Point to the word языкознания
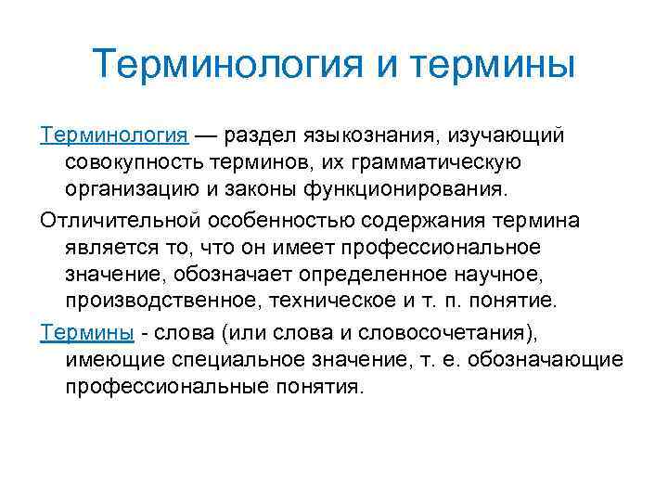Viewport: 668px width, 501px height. click(x=371, y=136)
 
